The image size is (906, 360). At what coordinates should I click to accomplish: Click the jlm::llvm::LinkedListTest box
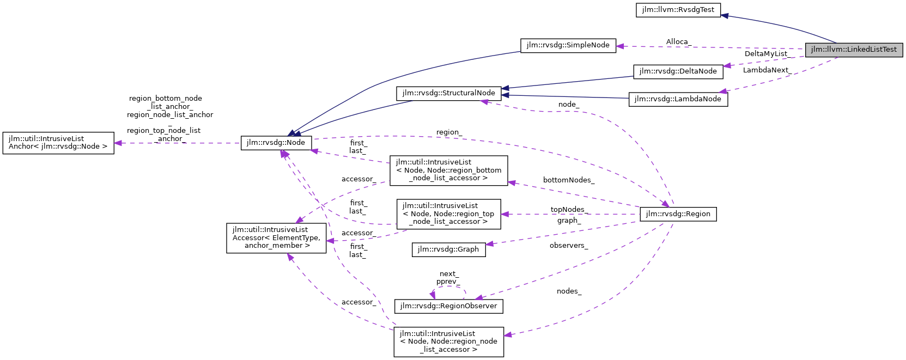(854, 50)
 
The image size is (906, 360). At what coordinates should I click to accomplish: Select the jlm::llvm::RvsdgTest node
(678, 10)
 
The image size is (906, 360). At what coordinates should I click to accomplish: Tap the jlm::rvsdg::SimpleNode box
(568, 45)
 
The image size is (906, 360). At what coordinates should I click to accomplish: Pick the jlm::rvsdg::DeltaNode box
(678, 71)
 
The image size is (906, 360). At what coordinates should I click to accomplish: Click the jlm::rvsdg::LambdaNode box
(678, 99)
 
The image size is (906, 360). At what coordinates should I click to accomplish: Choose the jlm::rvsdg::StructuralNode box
(448, 93)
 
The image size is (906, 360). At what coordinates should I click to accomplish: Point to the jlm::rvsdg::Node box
(276, 143)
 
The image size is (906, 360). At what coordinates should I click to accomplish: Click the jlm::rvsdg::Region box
(678, 214)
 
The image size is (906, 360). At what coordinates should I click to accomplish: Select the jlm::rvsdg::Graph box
(448, 249)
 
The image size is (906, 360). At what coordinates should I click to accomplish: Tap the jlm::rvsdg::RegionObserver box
(448, 306)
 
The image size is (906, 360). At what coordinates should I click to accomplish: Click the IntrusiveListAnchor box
(58, 143)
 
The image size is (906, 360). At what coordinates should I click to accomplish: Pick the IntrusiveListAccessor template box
(276, 237)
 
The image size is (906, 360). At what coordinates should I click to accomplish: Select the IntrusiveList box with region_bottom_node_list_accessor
(448, 170)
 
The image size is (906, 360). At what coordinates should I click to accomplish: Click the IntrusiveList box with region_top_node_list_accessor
(448, 213)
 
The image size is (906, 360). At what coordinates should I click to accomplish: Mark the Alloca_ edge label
(678, 42)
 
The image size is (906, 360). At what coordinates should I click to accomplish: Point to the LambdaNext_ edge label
(767, 70)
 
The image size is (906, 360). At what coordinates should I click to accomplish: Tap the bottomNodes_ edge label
(568, 180)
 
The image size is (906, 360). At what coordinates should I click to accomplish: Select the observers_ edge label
(568, 246)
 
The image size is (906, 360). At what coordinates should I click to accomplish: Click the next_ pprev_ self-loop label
(448, 278)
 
